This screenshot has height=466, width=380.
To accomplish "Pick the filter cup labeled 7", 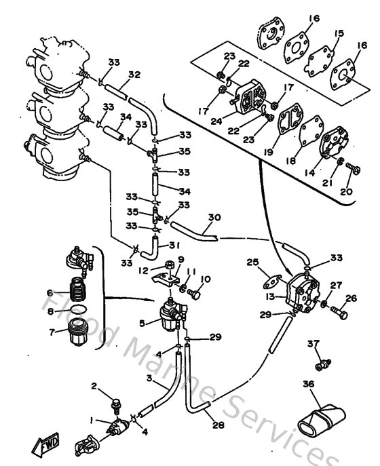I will [72, 336].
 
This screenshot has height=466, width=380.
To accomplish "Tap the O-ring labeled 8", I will [77, 311].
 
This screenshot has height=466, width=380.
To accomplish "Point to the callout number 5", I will [141, 324].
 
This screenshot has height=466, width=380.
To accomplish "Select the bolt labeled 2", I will [117, 402].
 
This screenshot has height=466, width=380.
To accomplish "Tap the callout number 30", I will [215, 218].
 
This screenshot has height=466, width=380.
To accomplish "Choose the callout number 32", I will [134, 75].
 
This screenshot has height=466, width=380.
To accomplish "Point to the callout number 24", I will [216, 121].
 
